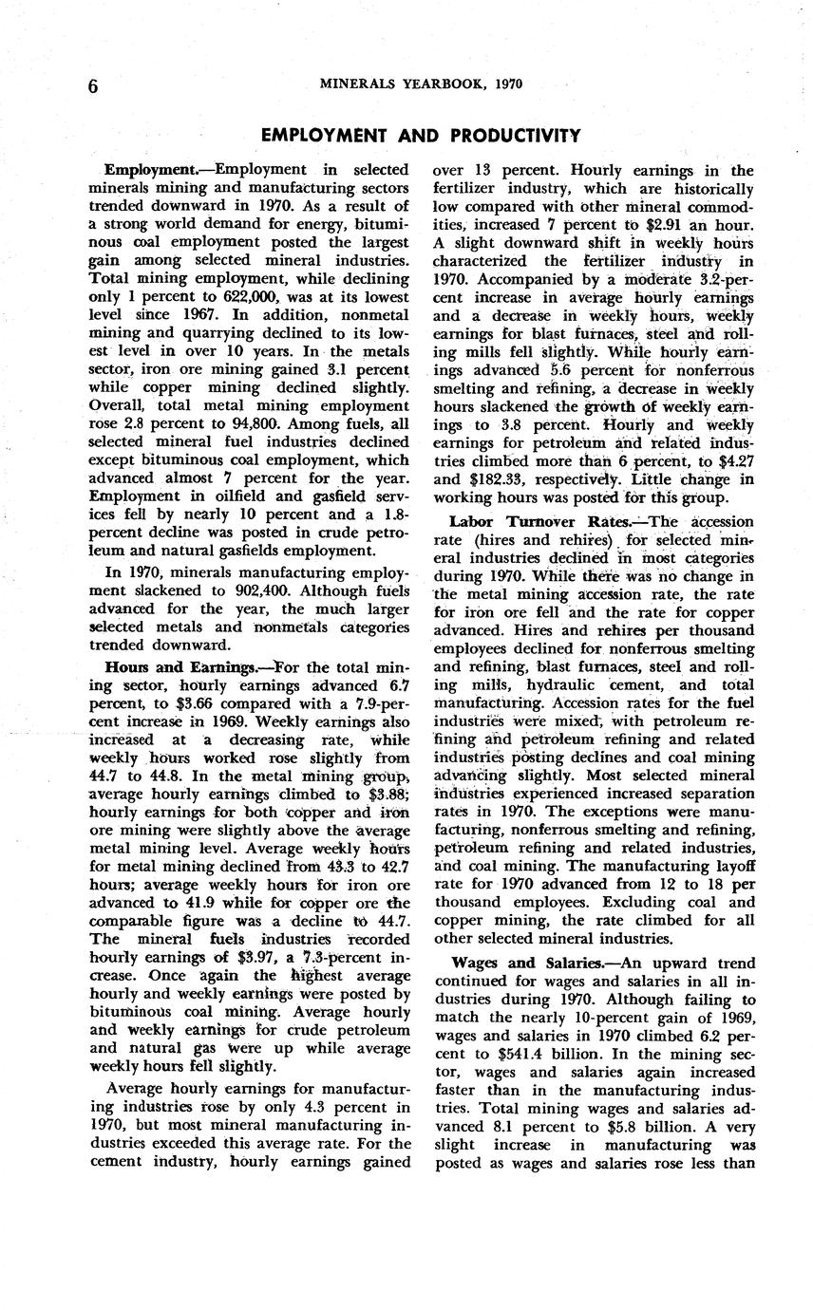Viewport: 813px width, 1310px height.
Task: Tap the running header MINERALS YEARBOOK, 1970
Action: point(421,84)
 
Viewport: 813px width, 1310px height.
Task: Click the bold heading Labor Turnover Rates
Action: point(535,521)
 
